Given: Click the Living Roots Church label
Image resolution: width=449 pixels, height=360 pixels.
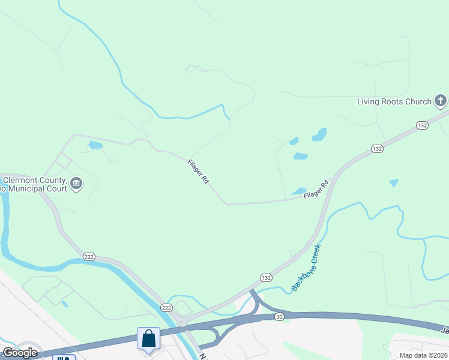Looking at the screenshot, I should click(394, 101).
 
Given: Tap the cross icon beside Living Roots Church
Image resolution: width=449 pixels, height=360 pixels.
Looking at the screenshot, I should click(441, 100).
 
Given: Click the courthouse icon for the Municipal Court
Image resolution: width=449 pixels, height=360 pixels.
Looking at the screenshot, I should click(76, 184).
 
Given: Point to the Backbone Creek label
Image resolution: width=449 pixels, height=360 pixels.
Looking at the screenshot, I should click(307, 267).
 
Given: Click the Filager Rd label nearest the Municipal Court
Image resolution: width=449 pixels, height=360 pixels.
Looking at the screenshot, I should click(197, 171).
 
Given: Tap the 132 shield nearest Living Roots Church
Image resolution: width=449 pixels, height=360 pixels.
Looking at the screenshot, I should click(422, 125).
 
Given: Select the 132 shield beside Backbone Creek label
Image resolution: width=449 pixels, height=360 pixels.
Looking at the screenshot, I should click(267, 278).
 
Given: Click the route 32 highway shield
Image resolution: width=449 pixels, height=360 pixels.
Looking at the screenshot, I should click(280, 316).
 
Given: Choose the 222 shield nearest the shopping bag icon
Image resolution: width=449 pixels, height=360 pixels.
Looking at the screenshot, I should click(166, 307).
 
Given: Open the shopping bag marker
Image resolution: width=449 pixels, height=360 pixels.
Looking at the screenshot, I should click(149, 338).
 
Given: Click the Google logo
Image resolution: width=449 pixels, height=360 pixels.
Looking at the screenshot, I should click(19, 352).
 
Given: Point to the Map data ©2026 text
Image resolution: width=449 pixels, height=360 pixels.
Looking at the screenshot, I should click(423, 355).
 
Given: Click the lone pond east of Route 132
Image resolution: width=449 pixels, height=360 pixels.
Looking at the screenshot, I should click(394, 182).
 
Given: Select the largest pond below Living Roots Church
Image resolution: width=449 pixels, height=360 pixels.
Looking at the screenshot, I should click(319, 134).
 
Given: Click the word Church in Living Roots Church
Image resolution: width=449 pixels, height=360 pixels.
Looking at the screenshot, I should click(418, 101).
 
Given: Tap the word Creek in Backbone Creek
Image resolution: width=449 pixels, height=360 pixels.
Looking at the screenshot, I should click(315, 254).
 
